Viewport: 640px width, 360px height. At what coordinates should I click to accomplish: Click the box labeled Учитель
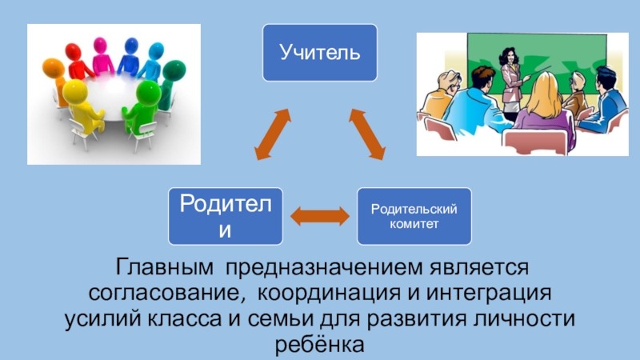(x=320, y=52)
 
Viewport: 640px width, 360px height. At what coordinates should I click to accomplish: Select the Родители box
(x=225, y=216)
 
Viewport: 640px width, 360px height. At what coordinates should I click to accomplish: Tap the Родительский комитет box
(x=414, y=216)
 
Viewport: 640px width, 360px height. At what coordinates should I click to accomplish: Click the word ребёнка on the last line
(x=320, y=344)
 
